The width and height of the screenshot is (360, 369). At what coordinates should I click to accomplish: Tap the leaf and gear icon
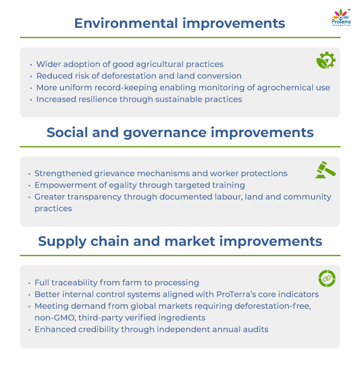point(326,61)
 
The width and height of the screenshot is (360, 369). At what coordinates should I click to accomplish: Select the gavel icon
point(325,170)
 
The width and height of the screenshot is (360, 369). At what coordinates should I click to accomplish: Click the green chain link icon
point(327,279)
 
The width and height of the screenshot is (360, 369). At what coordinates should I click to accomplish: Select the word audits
point(255,329)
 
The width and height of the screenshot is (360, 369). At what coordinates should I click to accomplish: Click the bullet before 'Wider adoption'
point(31,65)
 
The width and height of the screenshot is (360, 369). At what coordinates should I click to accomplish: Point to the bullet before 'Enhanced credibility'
point(29,330)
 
